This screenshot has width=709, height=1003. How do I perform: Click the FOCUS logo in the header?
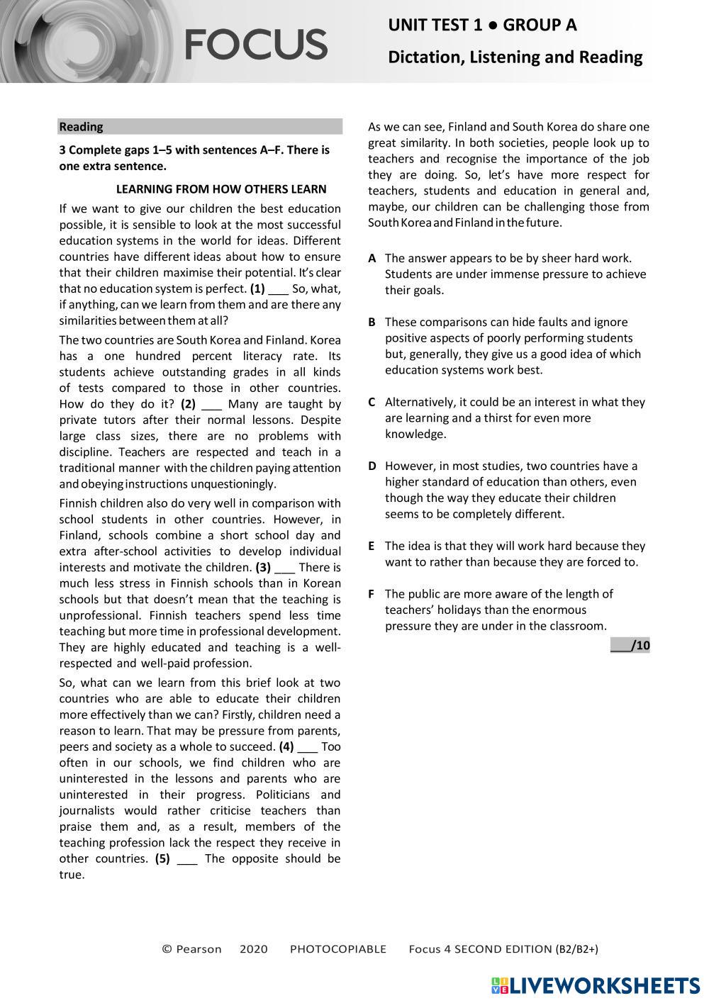(256, 44)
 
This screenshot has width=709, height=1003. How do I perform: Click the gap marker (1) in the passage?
(258, 288)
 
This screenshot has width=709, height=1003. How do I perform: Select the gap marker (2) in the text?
(188, 404)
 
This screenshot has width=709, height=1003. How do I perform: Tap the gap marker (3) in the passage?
(263, 567)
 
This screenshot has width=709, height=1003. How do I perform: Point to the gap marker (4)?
(286, 746)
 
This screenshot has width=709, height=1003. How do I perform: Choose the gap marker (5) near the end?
(162, 858)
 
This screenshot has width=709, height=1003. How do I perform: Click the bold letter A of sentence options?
(372, 259)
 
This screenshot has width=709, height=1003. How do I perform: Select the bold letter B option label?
(372, 323)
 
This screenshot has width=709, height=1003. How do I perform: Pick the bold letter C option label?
(372, 403)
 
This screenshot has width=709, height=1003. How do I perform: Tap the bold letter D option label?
(372, 466)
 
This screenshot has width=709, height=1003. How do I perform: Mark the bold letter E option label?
(372, 547)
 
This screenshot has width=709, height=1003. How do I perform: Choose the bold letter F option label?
(372, 594)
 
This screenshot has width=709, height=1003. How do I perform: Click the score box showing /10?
(630, 645)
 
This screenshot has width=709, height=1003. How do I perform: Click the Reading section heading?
(82, 127)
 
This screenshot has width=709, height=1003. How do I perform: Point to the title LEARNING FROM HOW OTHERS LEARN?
(221, 189)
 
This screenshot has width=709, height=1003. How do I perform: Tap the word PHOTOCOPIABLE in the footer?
(338, 949)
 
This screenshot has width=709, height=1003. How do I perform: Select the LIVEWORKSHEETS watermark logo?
(595, 986)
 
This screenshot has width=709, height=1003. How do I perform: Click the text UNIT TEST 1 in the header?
(435, 26)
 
